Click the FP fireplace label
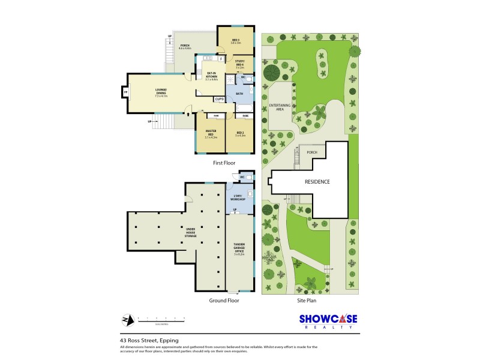pyautogui.click(x=124, y=92)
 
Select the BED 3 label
pyautogui.click(x=235, y=41)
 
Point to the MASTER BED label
pyautogui.click(x=211, y=134)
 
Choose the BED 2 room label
pyautogui.click(x=240, y=134)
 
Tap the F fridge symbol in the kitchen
pyautogui.click(x=221, y=59)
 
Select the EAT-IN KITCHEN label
pyautogui.click(x=211, y=76)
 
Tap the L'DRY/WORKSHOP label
pyautogui.click(x=239, y=198)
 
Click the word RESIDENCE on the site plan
pyautogui.click(x=317, y=181)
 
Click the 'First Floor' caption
pyautogui.click(x=224, y=163)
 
